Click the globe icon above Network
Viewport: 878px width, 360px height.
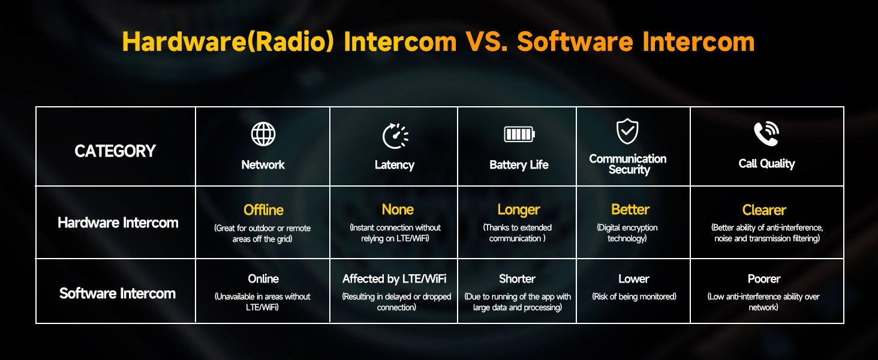pyautogui.click(x=263, y=134)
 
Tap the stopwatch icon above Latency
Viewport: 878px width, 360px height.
pyautogui.click(x=395, y=136)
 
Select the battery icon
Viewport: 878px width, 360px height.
pyautogui.click(x=519, y=134)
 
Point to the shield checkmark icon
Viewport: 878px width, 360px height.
pyautogui.click(x=627, y=131)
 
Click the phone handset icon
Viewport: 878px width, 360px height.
pyautogui.click(x=766, y=134)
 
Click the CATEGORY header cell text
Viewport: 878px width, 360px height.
pyautogui.click(x=115, y=151)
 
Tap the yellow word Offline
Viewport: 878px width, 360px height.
pyautogui.click(x=263, y=210)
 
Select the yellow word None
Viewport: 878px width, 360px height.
pyautogui.click(x=398, y=209)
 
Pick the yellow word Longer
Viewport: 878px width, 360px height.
pyautogui.click(x=519, y=210)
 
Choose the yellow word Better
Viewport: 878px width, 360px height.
pyautogui.click(x=630, y=209)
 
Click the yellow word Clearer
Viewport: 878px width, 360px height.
pyautogui.click(x=764, y=210)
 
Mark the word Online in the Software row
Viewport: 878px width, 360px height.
pyautogui.click(x=263, y=279)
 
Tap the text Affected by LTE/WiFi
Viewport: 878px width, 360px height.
pyautogui.click(x=394, y=279)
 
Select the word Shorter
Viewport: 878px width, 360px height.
pyautogui.click(x=517, y=279)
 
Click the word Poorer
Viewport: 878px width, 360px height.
pyautogui.click(x=764, y=279)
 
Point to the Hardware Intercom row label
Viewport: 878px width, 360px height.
pyautogui.click(x=118, y=223)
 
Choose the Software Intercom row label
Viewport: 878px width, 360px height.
pyautogui.click(x=118, y=293)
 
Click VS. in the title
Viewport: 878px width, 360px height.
pyautogui.click(x=486, y=41)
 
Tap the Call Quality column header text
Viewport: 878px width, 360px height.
pyautogui.click(x=766, y=164)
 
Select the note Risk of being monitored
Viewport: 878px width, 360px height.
pyautogui.click(x=634, y=296)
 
